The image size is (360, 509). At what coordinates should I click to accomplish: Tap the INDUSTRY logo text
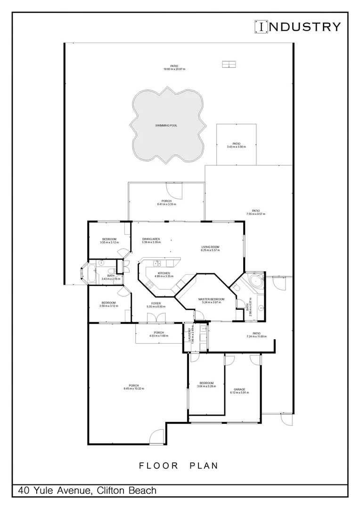click(x=297, y=26)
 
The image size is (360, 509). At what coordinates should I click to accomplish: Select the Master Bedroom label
click(x=211, y=299)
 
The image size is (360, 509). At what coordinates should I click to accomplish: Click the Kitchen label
click(x=164, y=273)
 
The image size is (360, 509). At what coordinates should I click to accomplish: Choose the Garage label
click(x=237, y=389)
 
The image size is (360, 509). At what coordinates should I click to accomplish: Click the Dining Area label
click(x=151, y=239)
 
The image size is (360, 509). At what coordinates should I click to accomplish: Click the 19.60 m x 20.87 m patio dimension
click(x=174, y=69)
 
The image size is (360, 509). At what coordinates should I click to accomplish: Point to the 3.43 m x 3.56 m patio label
click(x=237, y=147)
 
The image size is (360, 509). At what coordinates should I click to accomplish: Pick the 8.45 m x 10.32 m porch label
click(x=134, y=388)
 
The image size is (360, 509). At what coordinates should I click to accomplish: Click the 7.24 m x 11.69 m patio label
click(x=256, y=337)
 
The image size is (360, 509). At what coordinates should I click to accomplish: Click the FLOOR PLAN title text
click(x=179, y=466)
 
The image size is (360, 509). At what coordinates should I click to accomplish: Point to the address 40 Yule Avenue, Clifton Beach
click(x=87, y=491)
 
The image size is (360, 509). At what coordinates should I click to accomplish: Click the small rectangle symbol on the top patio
click(x=229, y=65)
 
